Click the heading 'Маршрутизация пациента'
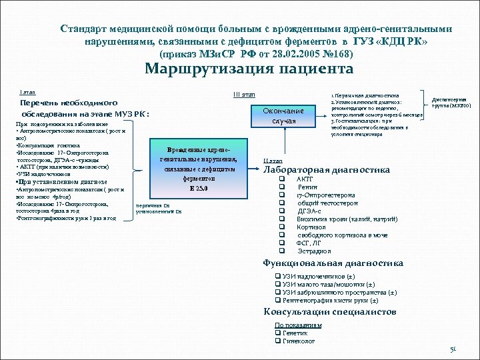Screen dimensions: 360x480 click(x=249, y=69)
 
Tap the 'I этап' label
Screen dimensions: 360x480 click(x=29, y=92)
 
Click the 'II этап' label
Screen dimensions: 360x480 click(x=273, y=161)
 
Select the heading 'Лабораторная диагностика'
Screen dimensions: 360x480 click(x=327, y=170)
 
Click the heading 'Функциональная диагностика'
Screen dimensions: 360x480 click(x=333, y=263)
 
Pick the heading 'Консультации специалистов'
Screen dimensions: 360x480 click(x=330, y=311)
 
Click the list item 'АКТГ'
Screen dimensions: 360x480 click(x=305, y=179)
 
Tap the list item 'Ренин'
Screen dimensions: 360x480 click(x=307, y=187)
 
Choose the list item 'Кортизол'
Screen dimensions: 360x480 click(x=311, y=227)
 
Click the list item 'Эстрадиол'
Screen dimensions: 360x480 click(x=313, y=251)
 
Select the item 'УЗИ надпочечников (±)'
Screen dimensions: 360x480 click(x=317, y=276)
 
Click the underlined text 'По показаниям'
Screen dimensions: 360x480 click(x=298, y=325)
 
